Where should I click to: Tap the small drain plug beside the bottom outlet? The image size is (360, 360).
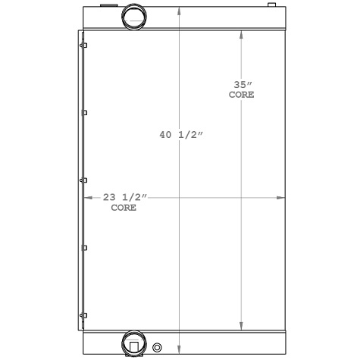[158, 348]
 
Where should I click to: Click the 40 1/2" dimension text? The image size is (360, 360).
[180, 135]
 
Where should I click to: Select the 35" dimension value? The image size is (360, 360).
[241, 86]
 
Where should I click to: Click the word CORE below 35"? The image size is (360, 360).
[241, 95]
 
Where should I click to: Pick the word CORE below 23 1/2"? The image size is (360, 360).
[124, 208]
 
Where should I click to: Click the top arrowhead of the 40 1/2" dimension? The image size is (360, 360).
[180, 12]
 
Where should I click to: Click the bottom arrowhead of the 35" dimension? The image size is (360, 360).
[241, 324]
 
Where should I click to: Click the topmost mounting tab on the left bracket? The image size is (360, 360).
[85, 46]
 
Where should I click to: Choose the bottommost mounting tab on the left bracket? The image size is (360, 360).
[85, 314]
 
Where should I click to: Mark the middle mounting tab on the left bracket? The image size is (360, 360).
[85, 180]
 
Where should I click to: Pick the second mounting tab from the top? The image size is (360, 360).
[85, 113]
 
